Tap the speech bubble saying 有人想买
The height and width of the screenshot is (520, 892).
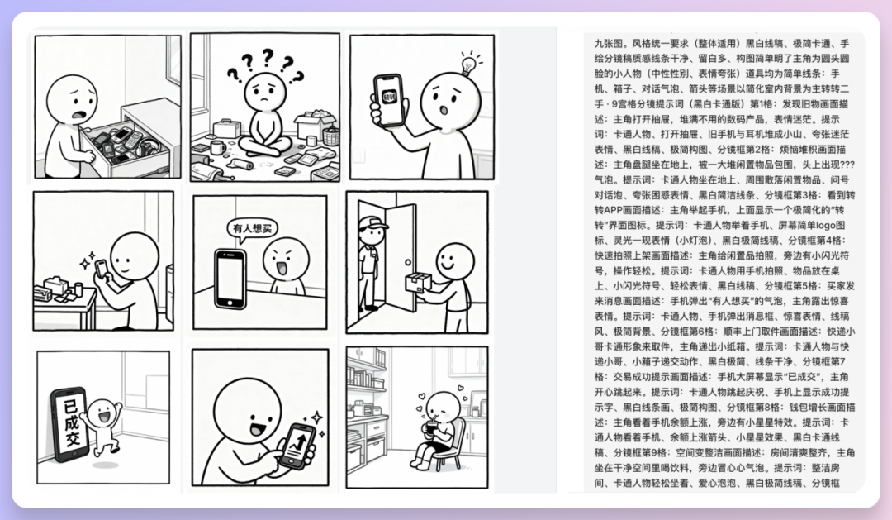click(249, 228)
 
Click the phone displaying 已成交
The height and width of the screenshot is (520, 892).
click(69, 424)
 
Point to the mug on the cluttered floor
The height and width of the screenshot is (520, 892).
click(218, 148)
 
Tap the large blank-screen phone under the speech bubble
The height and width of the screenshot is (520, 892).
click(230, 279)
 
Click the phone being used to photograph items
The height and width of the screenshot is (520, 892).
click(101, 270)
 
